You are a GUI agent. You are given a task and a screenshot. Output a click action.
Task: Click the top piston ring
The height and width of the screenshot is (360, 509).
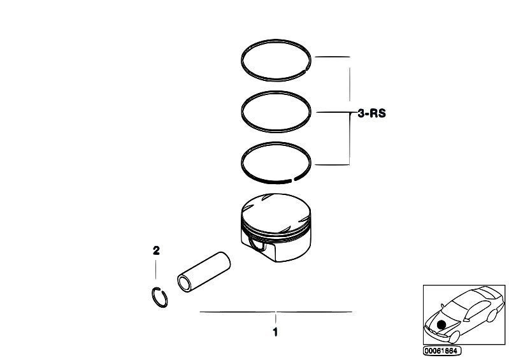[276, 41]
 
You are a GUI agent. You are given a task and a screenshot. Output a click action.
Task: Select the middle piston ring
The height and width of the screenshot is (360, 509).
[276, 92]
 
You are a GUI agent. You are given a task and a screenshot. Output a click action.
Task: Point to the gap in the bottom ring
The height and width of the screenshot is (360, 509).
[292, 180]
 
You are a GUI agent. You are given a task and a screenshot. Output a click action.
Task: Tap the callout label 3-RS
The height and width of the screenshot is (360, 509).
[371, 113]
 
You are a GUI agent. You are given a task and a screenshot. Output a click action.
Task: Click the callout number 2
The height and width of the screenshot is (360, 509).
[156, 250]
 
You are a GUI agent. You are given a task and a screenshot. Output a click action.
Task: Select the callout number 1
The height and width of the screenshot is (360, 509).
[275, 332]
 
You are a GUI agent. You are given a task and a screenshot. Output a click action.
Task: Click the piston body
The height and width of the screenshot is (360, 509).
[276, 227]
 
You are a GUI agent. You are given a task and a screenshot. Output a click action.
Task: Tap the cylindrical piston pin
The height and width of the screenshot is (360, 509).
[204, 272]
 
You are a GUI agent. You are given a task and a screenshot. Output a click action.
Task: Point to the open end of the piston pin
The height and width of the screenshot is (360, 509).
[184, 284]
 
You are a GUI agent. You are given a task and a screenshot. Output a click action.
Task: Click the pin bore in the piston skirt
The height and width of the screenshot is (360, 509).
[257, 244]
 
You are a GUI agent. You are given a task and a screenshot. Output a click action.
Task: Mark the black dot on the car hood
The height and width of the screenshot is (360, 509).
[441, 324]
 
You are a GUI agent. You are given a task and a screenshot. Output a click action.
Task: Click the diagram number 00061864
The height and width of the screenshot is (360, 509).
[442, 351]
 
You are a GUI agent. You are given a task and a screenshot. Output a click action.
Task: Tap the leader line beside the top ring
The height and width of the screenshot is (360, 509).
[333, 57]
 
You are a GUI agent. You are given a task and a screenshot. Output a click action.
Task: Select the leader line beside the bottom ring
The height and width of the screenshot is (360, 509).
[332, 164]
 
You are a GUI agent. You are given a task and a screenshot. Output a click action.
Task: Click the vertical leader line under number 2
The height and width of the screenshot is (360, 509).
[156, 269]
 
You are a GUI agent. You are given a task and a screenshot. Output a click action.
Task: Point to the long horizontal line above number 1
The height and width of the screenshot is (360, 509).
[276, 312]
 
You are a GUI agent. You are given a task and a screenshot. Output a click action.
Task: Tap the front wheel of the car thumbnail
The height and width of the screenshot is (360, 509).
[454, 337]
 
